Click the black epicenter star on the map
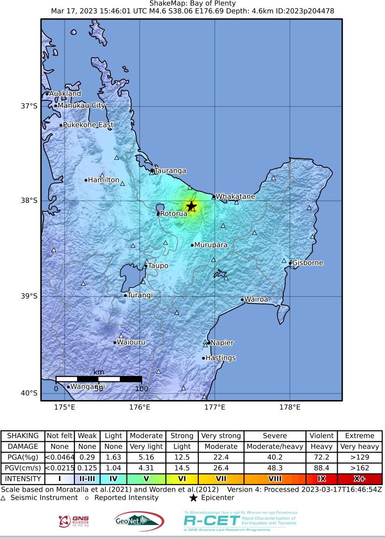pyautogui.click(x=191, y=206)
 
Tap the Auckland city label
pyautogui.click(x=65, y=94)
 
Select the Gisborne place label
pyautogui.click(x=307, y=263)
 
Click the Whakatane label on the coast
pyautogui.click(x=235, y=197)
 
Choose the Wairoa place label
pyautogui.click(x=256, y=300)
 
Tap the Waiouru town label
pyautogui.click(x=131, y=342)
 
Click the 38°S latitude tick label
pyautogui.click(x=29, y=201)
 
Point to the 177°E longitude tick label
pyautogui.click(x=215, y=408)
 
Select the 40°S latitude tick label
pyautogui.click(x=29, y=394)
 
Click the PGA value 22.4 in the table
pyautogui.click(x=221, y=457)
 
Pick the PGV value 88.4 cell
pyautogui.click(x=321, y=468)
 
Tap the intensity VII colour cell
pyautogui.click(x=221, y=479)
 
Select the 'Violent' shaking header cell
pyautogui.click(x=321, y=436)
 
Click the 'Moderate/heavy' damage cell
pyautogui.click(x=275, y=447)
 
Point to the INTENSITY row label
pyautogui.click(x=23, y=479)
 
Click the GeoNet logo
pyautogui.click(x=139, y=521)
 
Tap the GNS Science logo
pyautogui.click(x=74, y=521)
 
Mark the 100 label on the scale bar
pyautogui.click(x=142, y=389)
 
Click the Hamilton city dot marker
pyautogui.click(x=86, y=180)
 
